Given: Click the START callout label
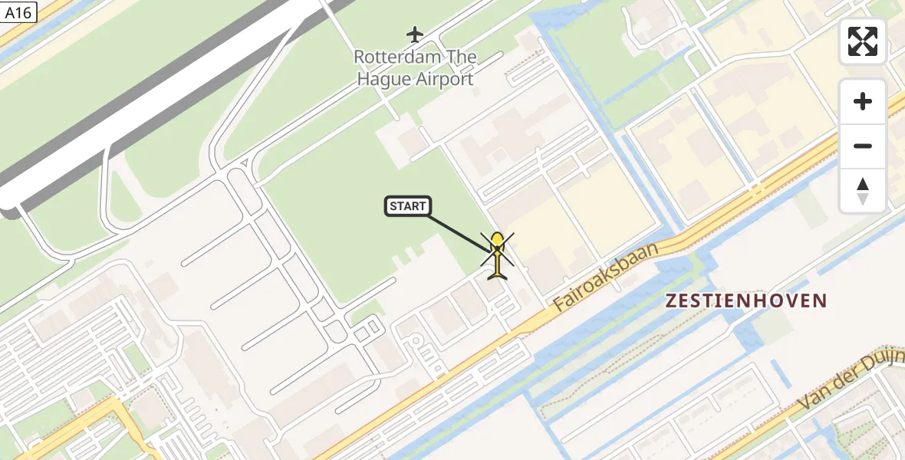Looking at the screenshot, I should [x=407, y=206].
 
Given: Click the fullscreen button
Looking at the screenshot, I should [x=863, y=41].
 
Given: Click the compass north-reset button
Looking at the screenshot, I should [x=863, y=190].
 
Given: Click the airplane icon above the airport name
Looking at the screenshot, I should [x=415, y=34].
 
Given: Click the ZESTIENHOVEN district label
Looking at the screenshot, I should [x=746, y=301].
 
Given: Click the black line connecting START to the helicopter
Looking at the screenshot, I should [x=459, y=232].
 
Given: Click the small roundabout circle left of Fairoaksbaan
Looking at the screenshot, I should [x=415, y=340].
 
